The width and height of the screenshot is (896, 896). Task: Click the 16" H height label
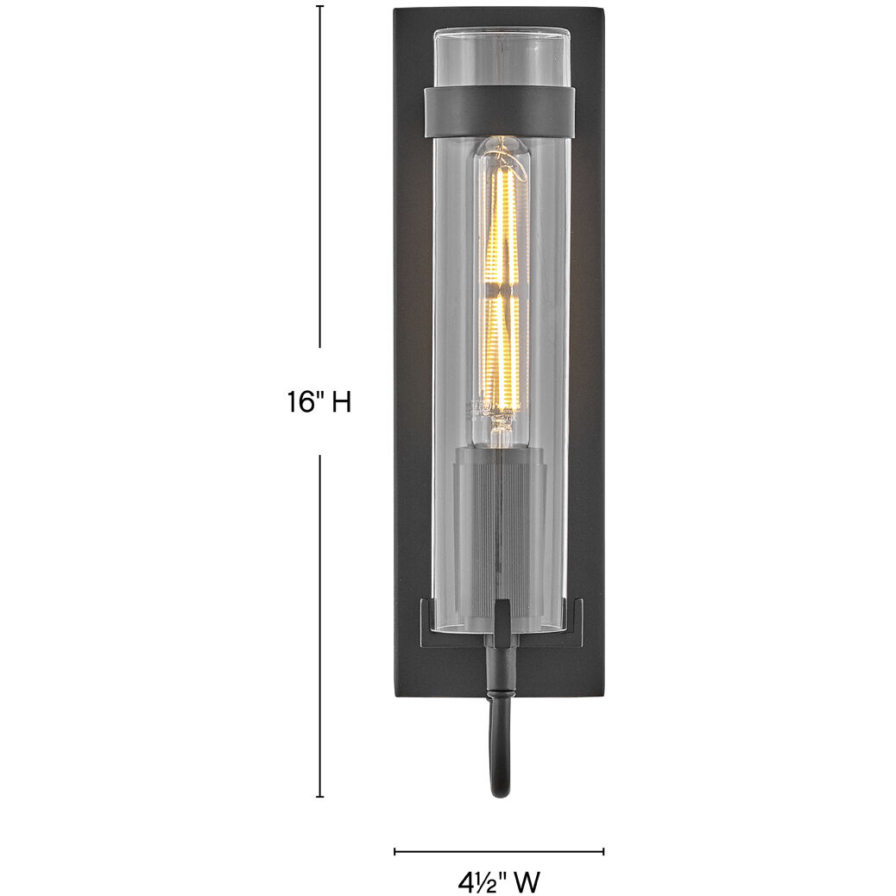[x=319, y=402]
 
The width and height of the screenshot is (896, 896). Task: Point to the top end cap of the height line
[x=320, y=6]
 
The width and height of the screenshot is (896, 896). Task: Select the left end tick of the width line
[x=394, y=851]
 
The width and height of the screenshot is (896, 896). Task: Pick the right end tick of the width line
[x=603, y=851]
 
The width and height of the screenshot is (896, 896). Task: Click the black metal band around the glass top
[x=500, y=109]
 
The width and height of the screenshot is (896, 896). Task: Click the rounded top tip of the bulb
[x=501, y=143]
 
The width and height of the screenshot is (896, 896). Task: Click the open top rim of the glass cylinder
[x=501, y=34]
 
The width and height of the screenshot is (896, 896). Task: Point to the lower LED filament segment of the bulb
[x=502, y=354]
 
